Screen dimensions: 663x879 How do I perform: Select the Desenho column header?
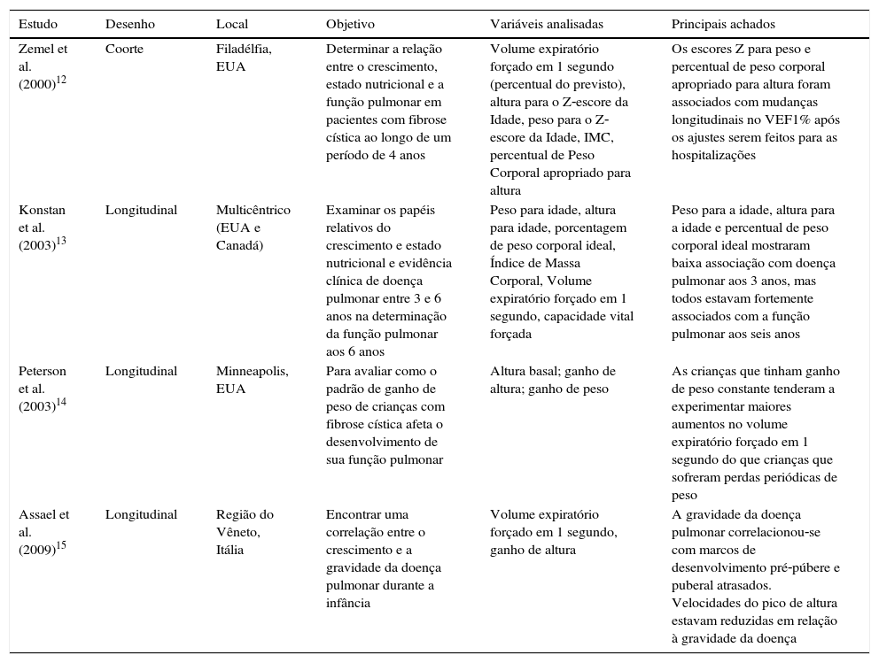[x=128, y=24]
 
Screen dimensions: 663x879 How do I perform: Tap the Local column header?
[x=232, y=24]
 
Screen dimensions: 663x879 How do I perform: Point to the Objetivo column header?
[x=350, y=24]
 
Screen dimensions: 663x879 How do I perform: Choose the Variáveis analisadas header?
[x=546, y=24]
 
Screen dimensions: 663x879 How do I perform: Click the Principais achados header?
[x=723, y=24]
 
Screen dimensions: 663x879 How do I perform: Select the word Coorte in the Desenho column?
[x=124, y=49]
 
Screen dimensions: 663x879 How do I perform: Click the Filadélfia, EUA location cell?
[x=244, y=57]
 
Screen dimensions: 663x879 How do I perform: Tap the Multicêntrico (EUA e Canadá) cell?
[x=253, y=227]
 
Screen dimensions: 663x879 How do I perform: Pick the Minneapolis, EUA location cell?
[x=252, y=380]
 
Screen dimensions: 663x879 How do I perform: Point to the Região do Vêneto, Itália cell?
[x=245, y=532]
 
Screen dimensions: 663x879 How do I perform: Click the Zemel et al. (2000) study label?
[x=42, y=66]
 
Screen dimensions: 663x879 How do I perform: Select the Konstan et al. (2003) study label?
[x=42, y=227]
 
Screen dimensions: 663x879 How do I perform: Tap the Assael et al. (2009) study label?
[x=42, y=532]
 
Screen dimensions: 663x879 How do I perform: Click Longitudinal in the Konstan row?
[x=141, y=210]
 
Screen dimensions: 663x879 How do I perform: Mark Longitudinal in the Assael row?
[x=141, y=514]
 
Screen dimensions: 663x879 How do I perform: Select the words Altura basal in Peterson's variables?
[x=524, y=371]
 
